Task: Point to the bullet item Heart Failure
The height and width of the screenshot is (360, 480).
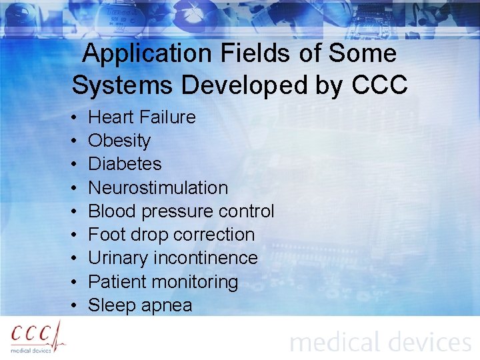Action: click(x=142, y=117)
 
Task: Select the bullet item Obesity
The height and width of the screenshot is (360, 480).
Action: click(x=119, y=141)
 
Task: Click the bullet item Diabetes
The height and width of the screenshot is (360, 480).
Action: click(x=125, y=164)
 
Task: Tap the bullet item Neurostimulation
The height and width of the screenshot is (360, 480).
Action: click(x=158, y=188)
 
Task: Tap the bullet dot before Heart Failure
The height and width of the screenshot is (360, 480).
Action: click(x=72, y=118)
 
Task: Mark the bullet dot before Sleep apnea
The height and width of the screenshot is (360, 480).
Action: click(x=72, y=306)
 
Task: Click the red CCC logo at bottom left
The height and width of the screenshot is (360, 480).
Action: click(x=37, y=336)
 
